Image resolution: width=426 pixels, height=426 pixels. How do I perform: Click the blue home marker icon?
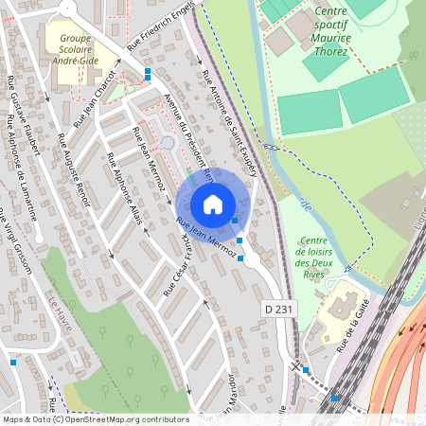(x=213, y=204)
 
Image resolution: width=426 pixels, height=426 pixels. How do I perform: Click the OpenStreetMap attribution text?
(x=95, y=419)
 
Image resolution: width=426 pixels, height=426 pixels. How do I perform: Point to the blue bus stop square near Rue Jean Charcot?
(x=148, y=71)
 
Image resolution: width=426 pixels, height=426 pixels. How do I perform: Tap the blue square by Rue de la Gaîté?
(x=305, y=370)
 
